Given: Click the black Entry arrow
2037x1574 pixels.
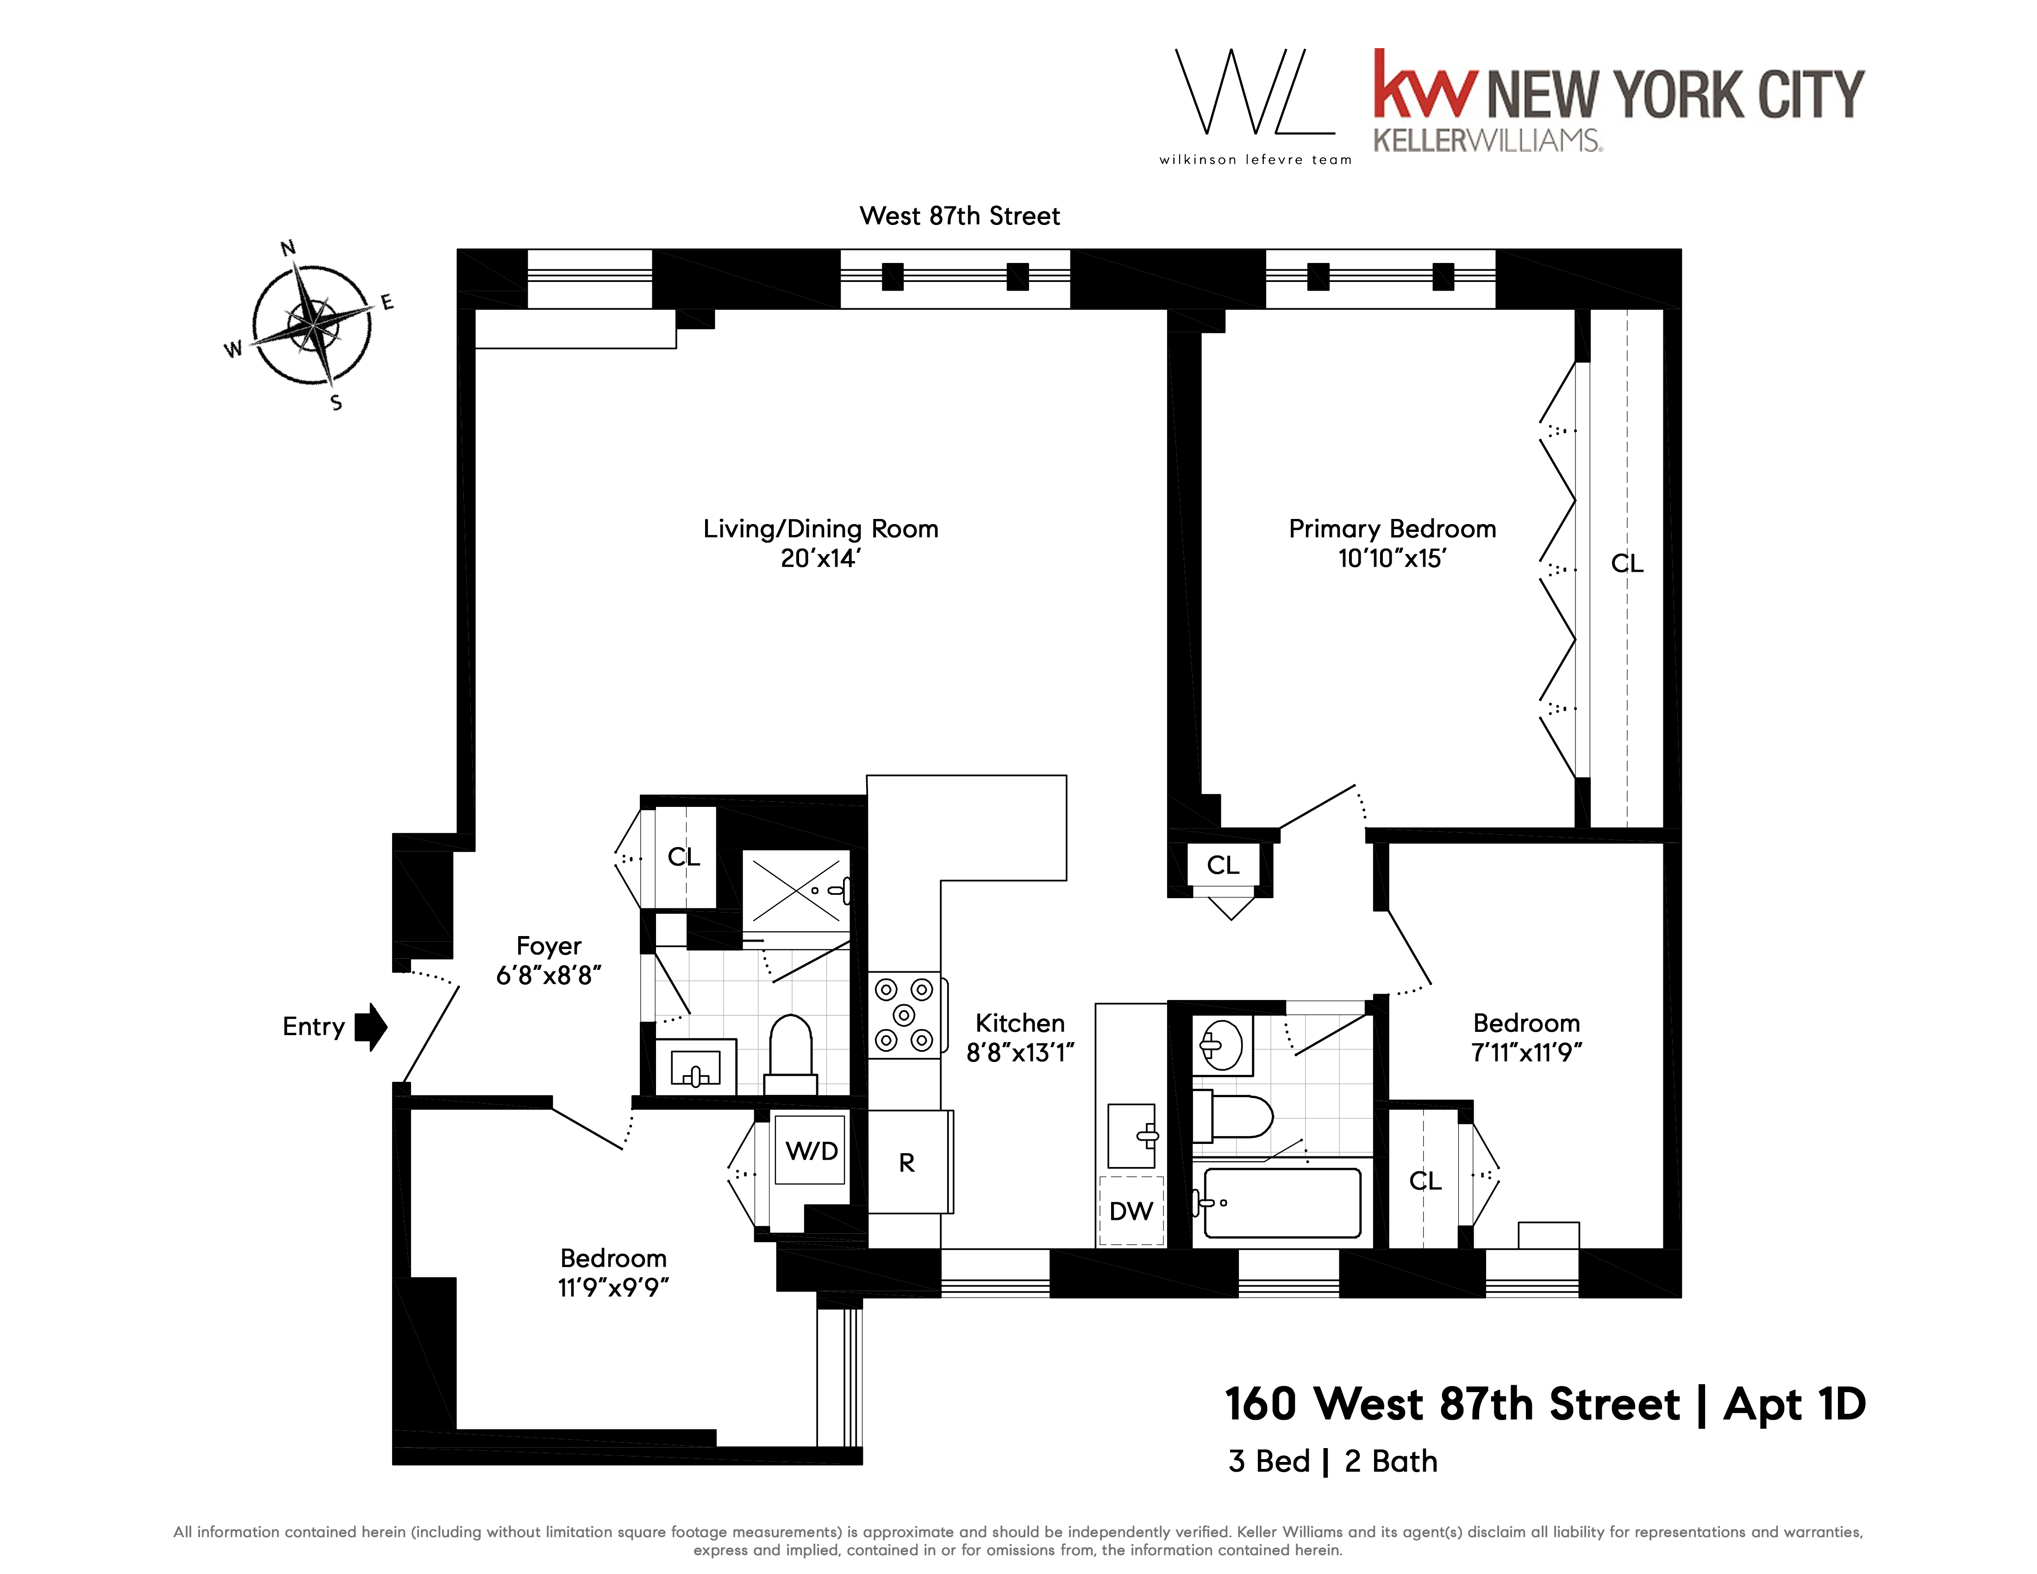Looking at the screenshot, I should coord(371,1027).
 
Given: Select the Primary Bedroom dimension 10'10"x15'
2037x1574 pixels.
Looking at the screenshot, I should coord(1392,559).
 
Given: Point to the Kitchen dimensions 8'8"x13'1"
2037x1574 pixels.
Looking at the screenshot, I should coord(1020,1053).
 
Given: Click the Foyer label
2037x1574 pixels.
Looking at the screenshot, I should coord(549,945).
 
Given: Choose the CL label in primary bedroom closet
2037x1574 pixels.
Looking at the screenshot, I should coord(1627,563).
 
